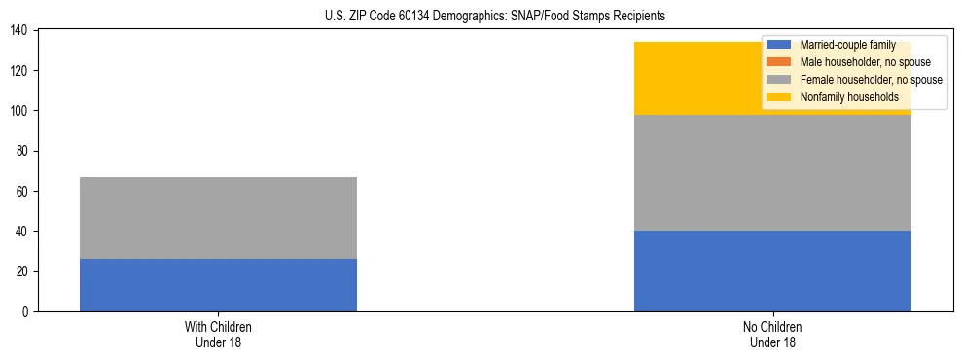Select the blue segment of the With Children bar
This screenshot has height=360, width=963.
(218, 285)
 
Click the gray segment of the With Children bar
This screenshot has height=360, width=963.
(218, 218)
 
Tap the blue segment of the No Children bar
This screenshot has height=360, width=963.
(772, 271)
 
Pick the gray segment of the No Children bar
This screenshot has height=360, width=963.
(772, 173)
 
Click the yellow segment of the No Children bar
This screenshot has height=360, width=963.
(700, 79)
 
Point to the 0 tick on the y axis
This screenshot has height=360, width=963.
(26, 312)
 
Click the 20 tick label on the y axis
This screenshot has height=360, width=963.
(23, 272)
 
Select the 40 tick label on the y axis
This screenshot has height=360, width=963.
(23, 232)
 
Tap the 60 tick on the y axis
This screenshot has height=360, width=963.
(23, 192)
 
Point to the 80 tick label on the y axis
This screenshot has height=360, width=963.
(23, 152)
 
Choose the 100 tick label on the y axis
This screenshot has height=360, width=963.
(20, 111)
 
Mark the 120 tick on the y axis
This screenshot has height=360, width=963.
(20, 71)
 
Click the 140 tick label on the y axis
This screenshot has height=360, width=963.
(20, 31)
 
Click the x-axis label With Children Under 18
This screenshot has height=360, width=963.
(218, 334)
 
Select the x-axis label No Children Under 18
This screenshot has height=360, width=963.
(772, 334)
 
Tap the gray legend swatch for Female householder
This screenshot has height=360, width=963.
(779, 80)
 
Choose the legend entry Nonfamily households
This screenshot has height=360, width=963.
(848, 97)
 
